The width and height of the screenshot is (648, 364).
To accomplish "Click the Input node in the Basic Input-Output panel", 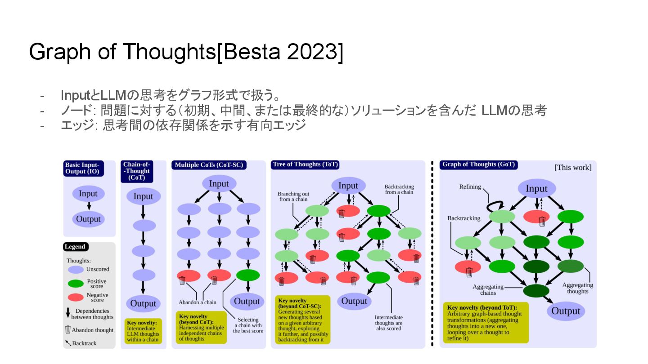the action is [88, 194].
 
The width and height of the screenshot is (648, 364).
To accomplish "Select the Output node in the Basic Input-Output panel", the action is [88, 219].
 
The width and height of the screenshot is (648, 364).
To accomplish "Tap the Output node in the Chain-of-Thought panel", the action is [143, 303].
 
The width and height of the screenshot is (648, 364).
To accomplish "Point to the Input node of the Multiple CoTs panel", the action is [219, 183].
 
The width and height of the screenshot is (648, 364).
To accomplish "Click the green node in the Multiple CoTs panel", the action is [247, 275].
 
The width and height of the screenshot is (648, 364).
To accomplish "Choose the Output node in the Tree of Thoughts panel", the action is [355, 301].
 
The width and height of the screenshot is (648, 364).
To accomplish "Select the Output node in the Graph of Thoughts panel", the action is [566, 311].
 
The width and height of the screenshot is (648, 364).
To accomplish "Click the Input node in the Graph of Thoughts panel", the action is [536, 189].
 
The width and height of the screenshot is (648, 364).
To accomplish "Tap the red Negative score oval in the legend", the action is [76, 297].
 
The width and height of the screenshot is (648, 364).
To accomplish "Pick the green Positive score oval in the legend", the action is [76, 284].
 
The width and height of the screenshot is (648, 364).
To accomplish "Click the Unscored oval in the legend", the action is [76, 270].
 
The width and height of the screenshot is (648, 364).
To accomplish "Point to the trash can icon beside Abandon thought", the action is [68, 329].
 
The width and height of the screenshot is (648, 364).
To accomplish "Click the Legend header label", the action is [76, 247].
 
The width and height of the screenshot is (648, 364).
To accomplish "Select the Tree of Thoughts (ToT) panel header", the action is [305, 164].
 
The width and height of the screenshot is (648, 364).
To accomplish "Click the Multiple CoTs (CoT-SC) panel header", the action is [209, 165].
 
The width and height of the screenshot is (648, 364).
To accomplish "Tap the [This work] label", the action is [573, 168].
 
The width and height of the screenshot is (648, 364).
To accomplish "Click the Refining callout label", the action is [470, 187].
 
